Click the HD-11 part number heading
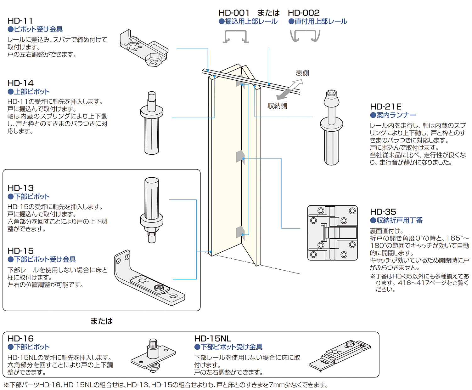pos(20,21)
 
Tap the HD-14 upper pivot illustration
pos(152,123)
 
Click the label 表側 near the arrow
pos(302,73)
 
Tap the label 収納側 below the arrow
pos(277,106)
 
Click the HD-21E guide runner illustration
pos(331,127)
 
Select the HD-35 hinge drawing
pos(333,233)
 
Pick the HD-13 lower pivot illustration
pos(152,209)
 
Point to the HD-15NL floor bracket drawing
pos(340,354)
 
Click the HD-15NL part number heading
pos(213,339)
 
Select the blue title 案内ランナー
pos(396,115)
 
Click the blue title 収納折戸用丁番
pos(399,220)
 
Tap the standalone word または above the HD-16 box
pos(101,321)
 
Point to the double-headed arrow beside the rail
pos(290,89)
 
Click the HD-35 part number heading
pos(383,212)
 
